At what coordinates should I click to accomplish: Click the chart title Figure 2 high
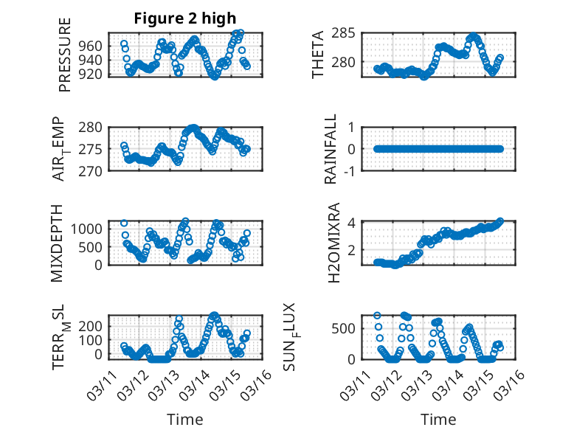click(x=185, y=19)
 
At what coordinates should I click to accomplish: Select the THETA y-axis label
click(x=318, y=55)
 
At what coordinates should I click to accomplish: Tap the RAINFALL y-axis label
click(x=331, y=149)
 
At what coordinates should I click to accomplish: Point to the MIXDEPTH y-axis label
click(x=57, y=243)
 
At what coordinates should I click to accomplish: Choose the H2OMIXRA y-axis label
click(x=334, y=243)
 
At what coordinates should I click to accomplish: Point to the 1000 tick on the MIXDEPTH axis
click(x=90, y=229)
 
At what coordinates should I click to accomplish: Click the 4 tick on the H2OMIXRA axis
click(x=353, y=223)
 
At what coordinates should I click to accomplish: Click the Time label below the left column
click(x=185, y=420)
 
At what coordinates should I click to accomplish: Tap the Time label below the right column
click(x=438, y=420)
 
